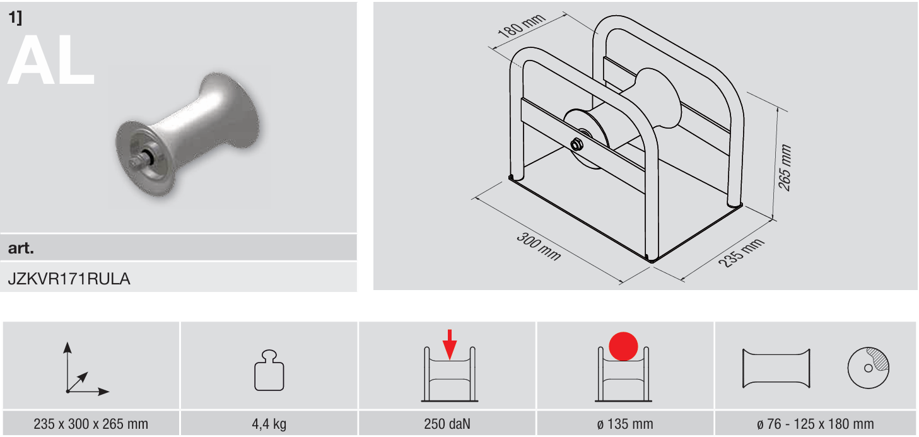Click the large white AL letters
coord(51,60)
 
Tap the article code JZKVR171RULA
coord(69,279)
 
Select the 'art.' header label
coord(21,248)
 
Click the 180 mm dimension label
coord(521,26)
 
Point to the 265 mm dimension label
coord(785,167)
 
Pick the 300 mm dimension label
coord(539,246)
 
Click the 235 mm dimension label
coord(741,252)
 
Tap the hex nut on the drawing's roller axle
coord(577,144)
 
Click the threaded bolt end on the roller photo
coord(138,163)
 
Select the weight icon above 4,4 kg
coord(269,370)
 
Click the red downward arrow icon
coord(450,344)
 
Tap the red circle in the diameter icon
coord(623,346)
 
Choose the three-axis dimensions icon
coord(85,368)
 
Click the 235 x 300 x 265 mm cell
coord(91,424)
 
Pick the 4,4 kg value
coord(269,424)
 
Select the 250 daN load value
coord(447,424)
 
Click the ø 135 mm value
coord(625,424)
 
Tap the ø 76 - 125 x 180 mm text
coord(815,424)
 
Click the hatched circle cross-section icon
coord(868,368)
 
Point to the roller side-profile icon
coord(776,368)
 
